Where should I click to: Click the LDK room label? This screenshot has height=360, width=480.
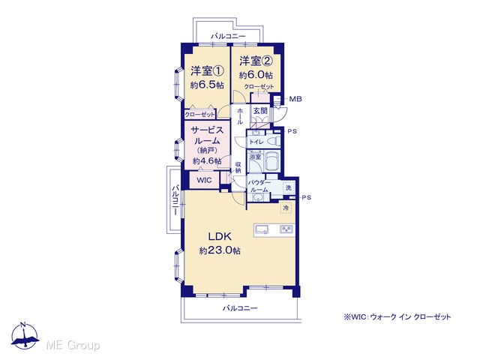tap(220, 236)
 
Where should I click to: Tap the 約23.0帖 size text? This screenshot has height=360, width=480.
tap(220, 250)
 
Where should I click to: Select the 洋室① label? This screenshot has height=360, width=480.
tap(207, 71)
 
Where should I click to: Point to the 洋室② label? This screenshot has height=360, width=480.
tap(256, 61)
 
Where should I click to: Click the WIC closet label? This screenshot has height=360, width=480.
tap(204, 180)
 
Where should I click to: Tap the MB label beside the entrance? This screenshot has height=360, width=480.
tap(295, 99)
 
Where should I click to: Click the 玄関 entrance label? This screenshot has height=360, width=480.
tap(260, 110)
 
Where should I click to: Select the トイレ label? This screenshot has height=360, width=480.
tap(256, 142)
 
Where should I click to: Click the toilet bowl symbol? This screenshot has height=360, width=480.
tap(273, 142)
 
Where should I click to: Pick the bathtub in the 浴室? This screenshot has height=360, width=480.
tap(271, 162)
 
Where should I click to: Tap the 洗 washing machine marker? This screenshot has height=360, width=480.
tap(288, 187)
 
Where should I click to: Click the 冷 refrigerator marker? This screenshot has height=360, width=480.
tap(286, 208)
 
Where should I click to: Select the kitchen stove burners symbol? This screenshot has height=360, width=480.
tap(286, 229)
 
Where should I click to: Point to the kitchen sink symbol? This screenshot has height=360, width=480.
tap(262, 229)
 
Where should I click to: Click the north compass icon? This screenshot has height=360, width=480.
tap(25, 335)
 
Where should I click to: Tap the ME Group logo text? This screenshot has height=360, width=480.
tap(73, 345)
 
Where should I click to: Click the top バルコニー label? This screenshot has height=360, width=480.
tap(228, 37)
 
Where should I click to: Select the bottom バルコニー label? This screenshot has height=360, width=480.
tap(240, 308)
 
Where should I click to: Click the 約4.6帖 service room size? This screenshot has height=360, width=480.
tap(207, 161)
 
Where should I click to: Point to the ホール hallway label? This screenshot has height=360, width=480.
tap(240, 116)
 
